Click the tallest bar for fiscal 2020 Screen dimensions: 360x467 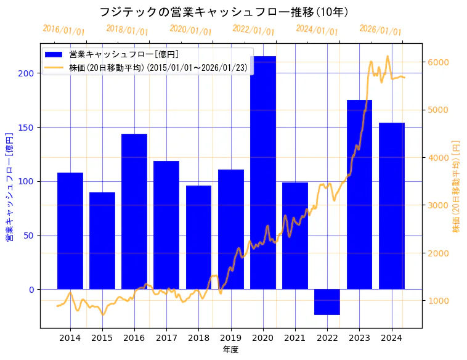click(x=263, y=173)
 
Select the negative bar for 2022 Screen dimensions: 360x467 click(x=327, y=302)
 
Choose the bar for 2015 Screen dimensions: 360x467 click(x=102, y=240)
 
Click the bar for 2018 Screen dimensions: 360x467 click(x=198, y=237)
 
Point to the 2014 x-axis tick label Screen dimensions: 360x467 click(x=70, y=337)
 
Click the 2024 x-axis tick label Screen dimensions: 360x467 click(x=392, y=337)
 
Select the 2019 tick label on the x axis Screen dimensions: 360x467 click(x=231, y=337)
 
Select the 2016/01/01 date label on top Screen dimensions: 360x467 click(x=64, y=30)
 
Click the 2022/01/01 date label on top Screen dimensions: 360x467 click(x=254, y=30)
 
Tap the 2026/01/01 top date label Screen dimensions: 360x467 click(x=380, y=30)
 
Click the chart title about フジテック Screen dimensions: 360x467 click(x=225, y=12)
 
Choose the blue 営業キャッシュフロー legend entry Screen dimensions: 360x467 click(x=123, y=54)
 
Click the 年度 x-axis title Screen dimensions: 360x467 click(x=230, y=350)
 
